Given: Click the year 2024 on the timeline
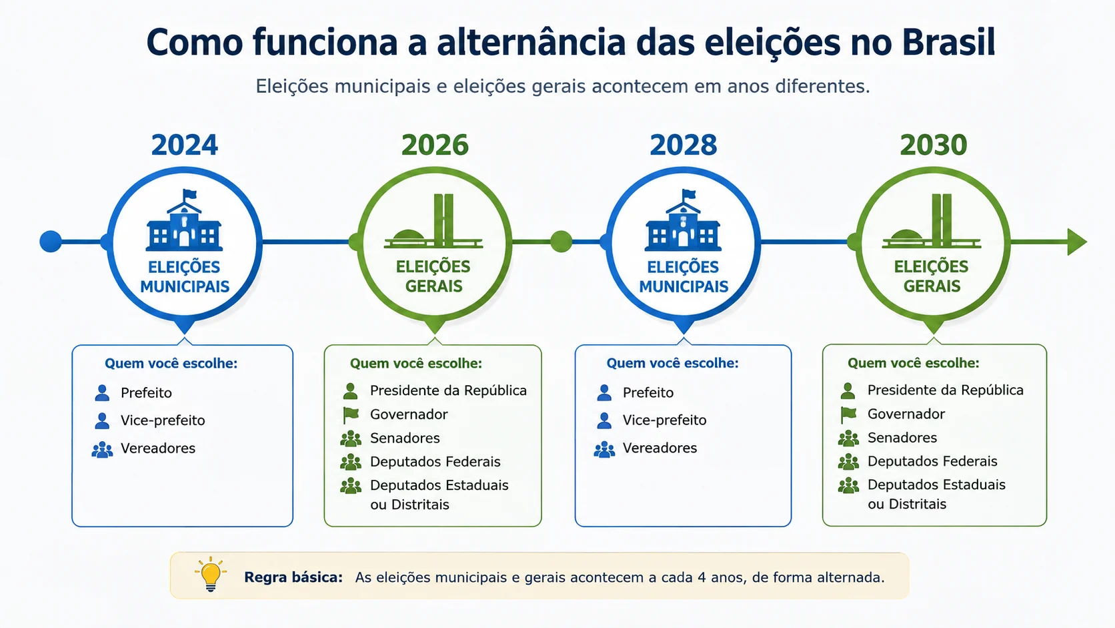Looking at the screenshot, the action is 185,145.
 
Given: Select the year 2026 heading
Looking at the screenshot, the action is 435,145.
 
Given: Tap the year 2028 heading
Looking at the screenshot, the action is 684,145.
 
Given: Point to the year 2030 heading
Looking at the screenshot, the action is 934,145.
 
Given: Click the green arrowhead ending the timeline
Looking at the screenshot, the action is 1077,242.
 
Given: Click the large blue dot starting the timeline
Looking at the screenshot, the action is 51,242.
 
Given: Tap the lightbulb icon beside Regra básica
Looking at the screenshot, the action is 211,574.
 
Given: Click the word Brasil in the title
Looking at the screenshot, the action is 948,42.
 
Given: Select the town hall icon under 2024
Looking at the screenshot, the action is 184,220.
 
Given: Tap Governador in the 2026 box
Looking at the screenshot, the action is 409,414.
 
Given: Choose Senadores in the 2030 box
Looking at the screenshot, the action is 902,438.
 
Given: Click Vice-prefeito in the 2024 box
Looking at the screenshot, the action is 163,420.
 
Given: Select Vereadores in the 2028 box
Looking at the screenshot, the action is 660,448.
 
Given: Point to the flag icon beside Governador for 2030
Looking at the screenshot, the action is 848,414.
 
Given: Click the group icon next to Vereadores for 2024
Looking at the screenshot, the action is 102,450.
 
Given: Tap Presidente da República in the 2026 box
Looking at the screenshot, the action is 448,390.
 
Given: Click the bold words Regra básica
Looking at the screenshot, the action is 293,577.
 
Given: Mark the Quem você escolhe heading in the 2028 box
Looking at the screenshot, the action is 672,363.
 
